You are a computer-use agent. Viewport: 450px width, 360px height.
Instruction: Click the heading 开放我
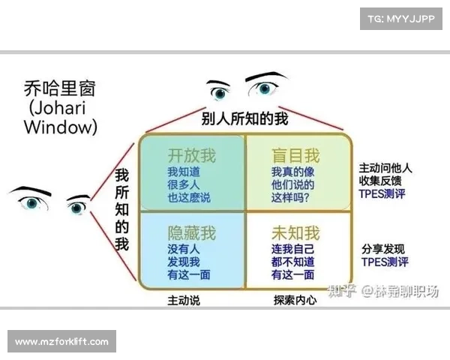191,155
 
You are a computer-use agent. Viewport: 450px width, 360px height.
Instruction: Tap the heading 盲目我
295,155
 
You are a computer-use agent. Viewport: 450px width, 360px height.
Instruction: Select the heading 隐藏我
191,232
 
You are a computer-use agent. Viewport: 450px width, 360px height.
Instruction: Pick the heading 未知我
295,232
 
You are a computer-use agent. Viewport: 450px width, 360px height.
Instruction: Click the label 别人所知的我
244,118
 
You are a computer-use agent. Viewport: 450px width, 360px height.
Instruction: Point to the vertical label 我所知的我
121,209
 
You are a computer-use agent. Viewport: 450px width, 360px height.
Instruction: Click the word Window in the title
60,127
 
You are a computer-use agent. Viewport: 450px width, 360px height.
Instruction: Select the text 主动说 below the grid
183,300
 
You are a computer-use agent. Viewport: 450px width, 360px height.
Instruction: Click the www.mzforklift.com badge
62,342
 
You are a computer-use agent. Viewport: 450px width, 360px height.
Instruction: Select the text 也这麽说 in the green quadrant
188,197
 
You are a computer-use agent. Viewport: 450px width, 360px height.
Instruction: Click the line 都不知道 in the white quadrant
292,262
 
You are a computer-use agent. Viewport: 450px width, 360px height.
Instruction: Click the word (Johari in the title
57,109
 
